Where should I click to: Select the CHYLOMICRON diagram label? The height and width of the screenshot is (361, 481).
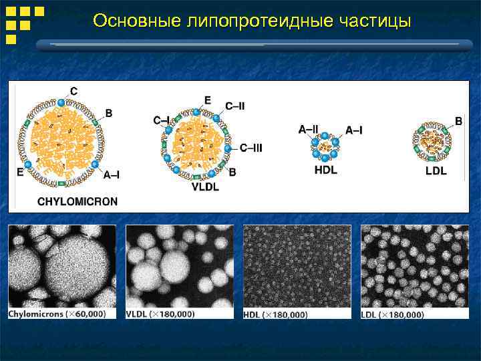click(x=77, y=201)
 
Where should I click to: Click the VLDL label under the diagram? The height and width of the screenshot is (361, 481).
click(x=205, y=187)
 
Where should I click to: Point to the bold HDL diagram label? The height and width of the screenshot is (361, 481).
click(x=325, y=170)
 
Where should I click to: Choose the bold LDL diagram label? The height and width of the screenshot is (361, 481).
click(x=436, y=171)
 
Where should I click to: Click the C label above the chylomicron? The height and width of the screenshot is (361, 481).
click(x=73, y=91)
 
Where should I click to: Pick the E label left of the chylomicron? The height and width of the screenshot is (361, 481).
click(x=20, y=172)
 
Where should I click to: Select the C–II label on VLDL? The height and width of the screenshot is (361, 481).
click(x=234, y=106)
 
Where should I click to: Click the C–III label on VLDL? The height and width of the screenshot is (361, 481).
click(x=251, y=148)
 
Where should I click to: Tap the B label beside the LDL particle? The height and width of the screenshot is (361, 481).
click(x=458, y=121)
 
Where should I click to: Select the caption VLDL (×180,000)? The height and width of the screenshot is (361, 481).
click(x=160, y=314)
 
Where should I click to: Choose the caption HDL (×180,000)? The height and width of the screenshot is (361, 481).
click(x=276, y=314)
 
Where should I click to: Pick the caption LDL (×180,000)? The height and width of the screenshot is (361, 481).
click(x=392, y=314)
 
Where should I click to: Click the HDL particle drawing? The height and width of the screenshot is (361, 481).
click(x=325, y=146)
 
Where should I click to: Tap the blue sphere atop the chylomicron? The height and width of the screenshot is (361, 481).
click(x=62, y=102)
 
